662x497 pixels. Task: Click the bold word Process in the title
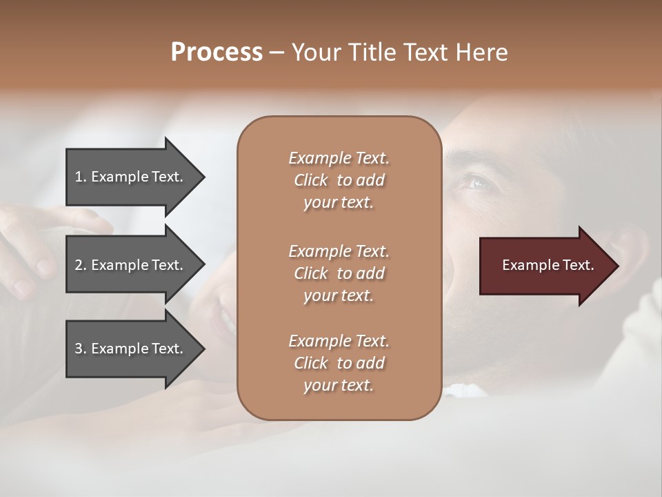point(217,52)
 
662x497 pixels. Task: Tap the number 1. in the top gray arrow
point(81,177)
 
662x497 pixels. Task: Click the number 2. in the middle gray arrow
point(81,265)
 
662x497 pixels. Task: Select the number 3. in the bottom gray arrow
point(81,349)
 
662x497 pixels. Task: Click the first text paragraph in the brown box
point(339,180)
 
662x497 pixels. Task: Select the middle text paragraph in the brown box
point(339,273)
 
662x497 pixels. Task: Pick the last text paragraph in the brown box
point(339,363)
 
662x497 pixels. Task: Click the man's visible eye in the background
point(478,182)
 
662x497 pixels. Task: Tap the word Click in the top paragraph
point(311,180)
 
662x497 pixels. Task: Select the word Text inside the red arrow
point(578,265)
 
